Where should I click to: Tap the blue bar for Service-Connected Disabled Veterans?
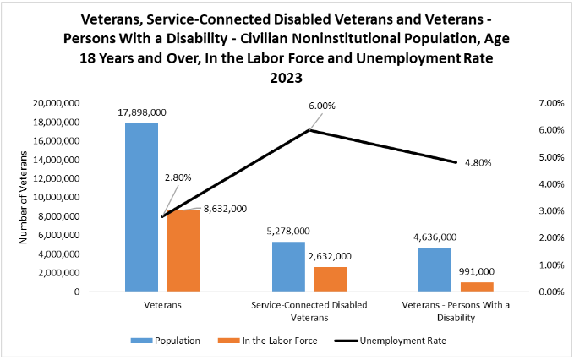click(288, 266)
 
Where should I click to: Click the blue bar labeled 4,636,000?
click(435, 270)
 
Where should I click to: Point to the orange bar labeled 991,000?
click(476, 286)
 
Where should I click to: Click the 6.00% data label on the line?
click(321, 106)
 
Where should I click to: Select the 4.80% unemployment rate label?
click(478, 162)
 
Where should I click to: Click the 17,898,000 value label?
click(141, 112)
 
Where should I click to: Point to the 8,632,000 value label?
click(225, 207)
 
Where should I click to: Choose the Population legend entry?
click(166, 341)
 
